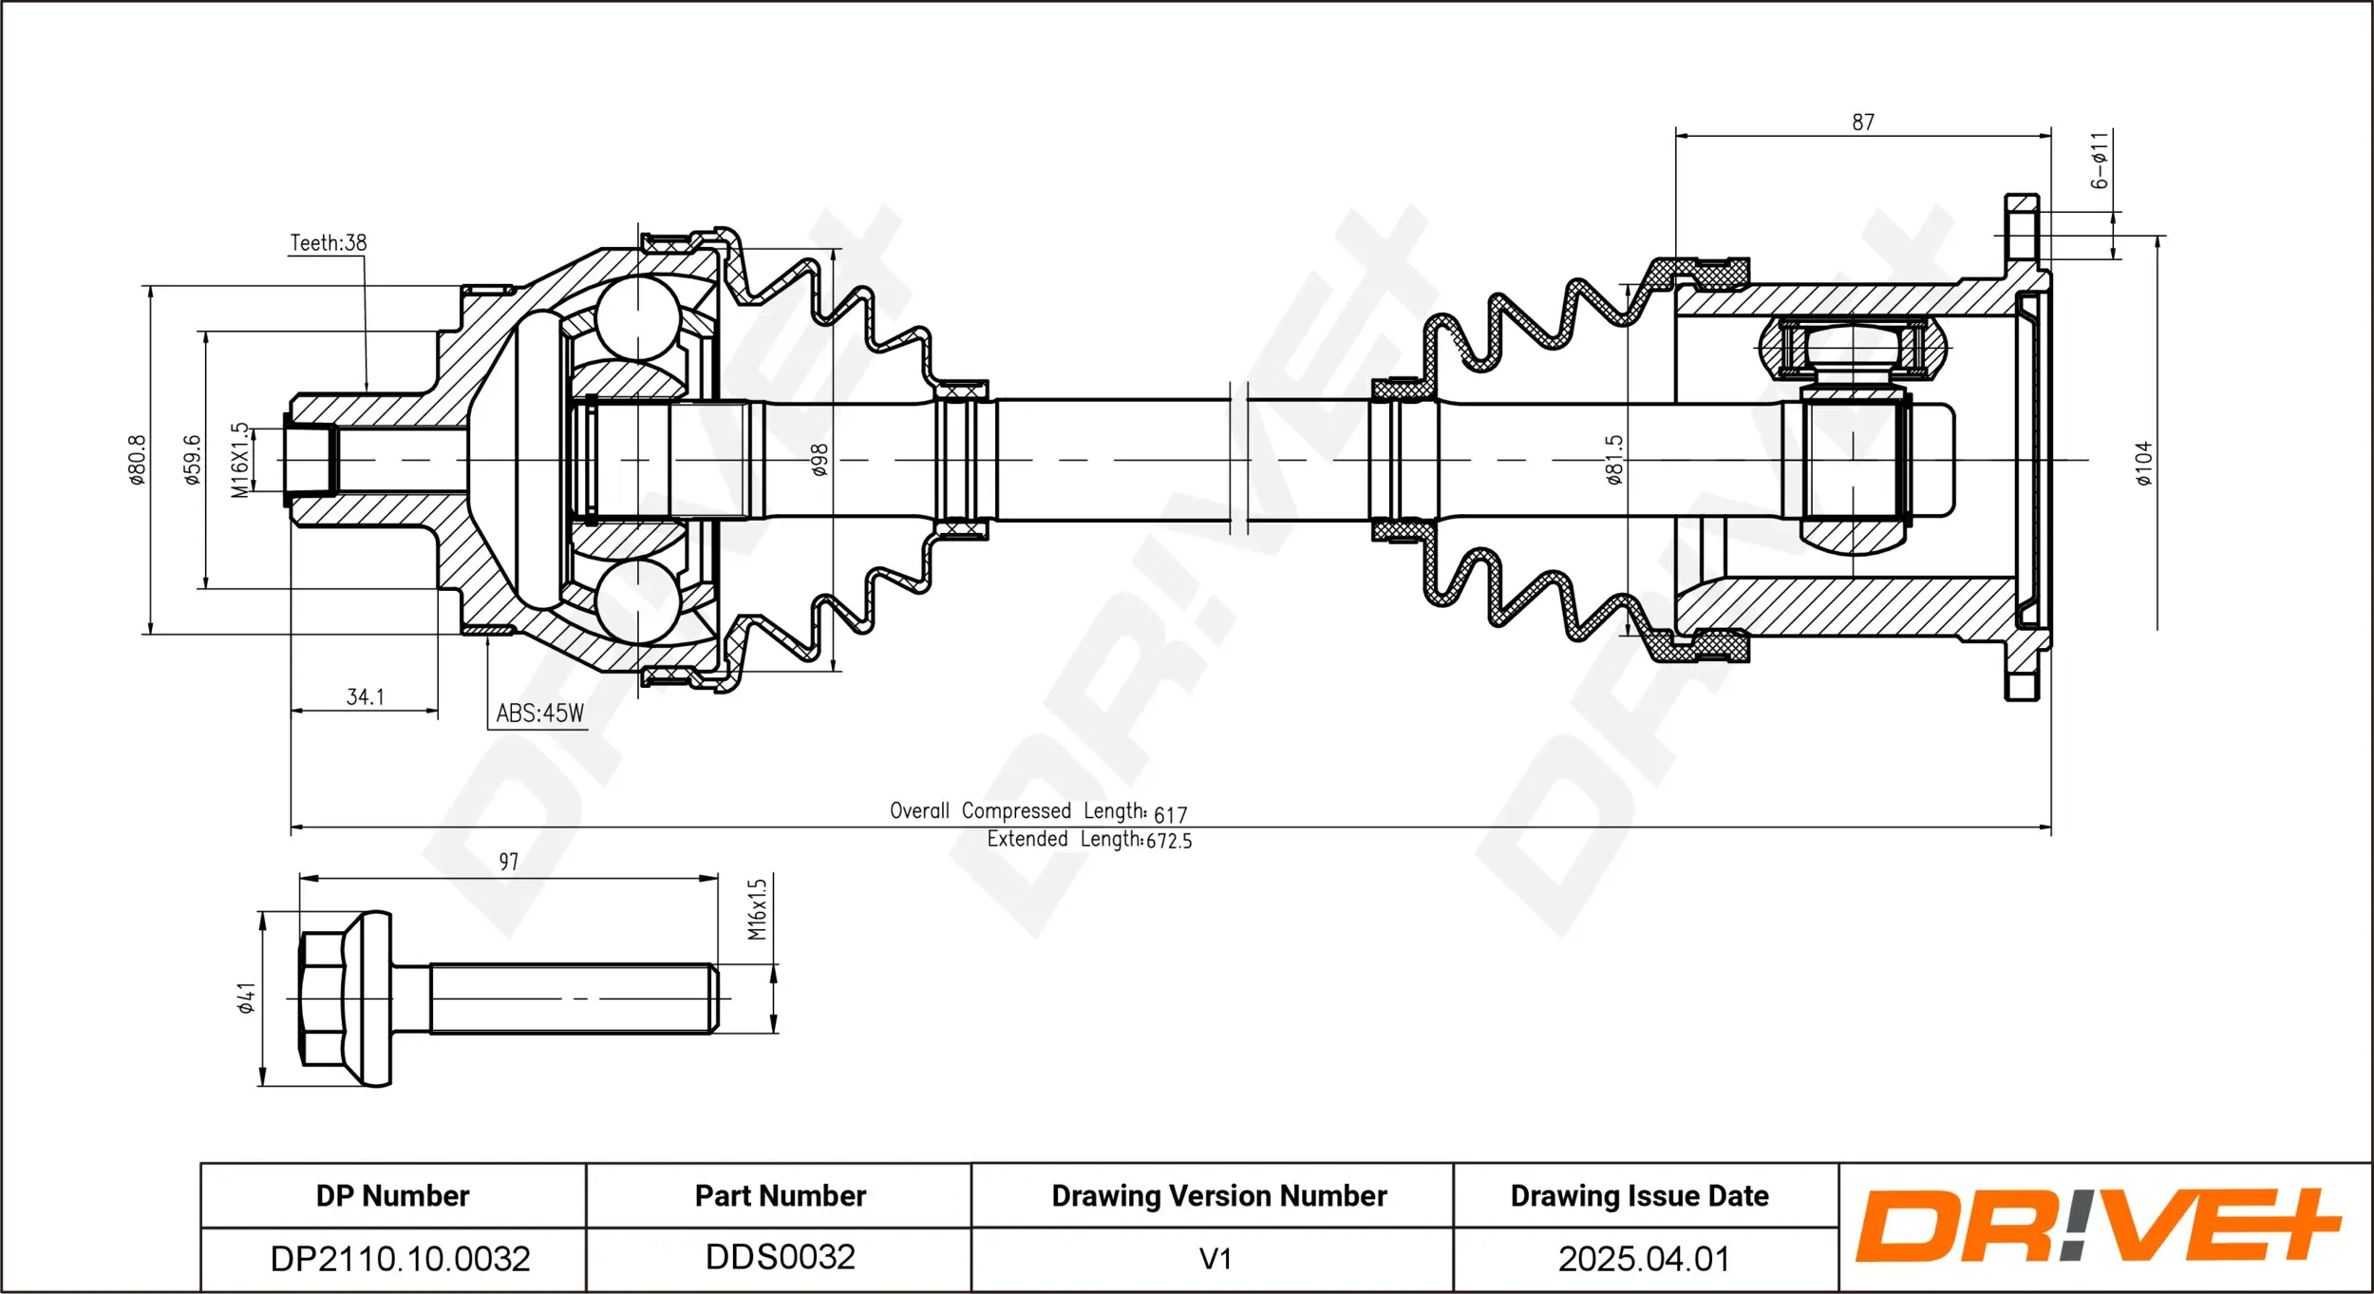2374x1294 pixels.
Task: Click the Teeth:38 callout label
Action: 328,243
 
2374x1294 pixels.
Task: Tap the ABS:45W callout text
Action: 539,714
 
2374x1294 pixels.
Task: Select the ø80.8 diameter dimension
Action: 139,460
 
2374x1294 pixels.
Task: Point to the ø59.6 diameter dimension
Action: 193,460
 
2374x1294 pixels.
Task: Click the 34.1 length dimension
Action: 366,697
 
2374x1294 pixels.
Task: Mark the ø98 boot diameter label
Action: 820,460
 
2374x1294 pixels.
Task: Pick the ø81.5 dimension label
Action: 1614,460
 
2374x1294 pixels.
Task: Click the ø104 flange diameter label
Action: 2144,464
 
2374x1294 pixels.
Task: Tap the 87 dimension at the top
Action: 1863,123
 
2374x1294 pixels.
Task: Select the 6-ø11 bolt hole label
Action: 2100,160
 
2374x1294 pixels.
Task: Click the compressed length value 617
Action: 1171,815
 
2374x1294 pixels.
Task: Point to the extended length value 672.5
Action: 1169,841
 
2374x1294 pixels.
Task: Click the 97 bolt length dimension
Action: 509,862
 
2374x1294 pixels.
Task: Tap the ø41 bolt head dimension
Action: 247,999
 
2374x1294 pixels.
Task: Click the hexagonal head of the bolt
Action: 323,999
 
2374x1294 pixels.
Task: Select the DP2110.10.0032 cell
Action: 400,1259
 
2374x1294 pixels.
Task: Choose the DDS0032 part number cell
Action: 781,1257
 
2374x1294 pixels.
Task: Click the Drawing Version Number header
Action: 1219,1195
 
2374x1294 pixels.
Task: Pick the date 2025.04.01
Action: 1644,1259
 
